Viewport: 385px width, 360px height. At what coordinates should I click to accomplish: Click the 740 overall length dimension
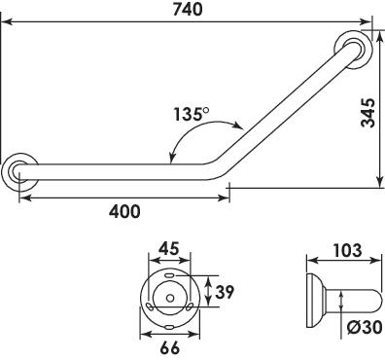(x=187, y=10)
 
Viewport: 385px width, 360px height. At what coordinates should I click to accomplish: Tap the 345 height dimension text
(x=368, y=113)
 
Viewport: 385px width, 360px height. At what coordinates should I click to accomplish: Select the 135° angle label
(x=192, y=114)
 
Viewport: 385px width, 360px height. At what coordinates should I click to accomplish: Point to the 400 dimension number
(x=124, y=211)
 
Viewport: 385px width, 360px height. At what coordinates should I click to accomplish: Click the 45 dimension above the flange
(x=169, y=249)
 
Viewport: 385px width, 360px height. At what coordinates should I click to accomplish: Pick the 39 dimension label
(x=225, y=292)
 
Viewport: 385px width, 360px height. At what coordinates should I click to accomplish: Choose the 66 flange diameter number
(x=169, y=348)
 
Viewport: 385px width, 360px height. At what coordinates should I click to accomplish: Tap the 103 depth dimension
(x=347, y=250)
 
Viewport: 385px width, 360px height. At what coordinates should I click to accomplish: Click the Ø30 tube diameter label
(x=365, y=328)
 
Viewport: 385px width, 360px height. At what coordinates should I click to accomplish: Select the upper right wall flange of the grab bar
(x=354, y=51)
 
